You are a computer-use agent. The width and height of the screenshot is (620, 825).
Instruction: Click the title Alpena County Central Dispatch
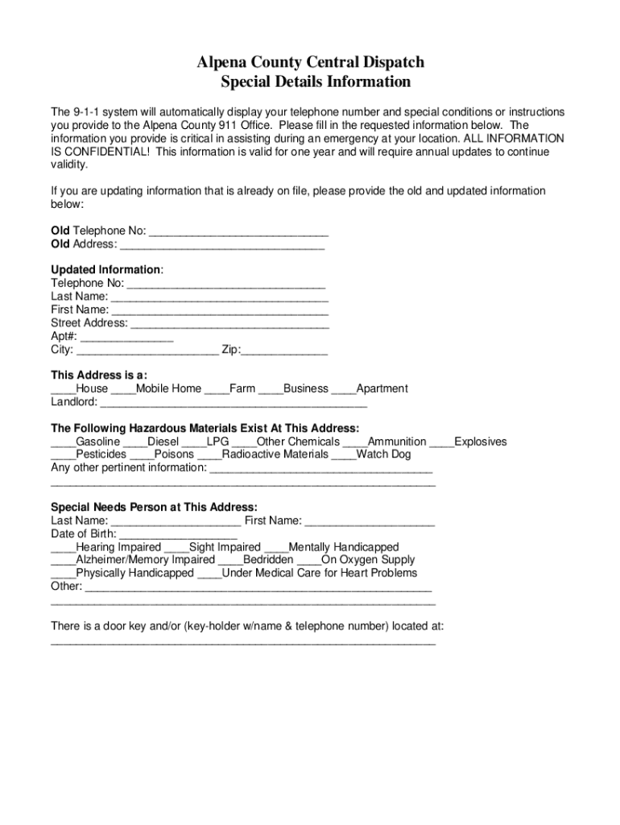[311, 63]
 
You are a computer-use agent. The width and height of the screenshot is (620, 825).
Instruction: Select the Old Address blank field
[221, 245]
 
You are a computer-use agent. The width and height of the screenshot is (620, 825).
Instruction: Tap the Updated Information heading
[106, 269]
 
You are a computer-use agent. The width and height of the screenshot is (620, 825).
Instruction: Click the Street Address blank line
[229, 324]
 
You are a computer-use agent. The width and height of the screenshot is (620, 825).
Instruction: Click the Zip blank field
[284, 350]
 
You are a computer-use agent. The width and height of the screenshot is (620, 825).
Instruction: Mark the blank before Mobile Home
[123, 389]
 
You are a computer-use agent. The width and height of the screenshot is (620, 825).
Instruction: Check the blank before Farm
[217, 389]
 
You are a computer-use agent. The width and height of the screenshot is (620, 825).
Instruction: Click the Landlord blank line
[234, 403]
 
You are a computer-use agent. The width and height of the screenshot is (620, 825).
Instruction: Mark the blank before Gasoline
[63, 442]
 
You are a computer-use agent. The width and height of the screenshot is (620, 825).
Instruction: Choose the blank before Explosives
[441, 442]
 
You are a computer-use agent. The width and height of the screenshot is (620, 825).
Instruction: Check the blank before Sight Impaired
[176, 548]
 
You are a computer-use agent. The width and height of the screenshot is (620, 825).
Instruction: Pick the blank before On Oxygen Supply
[308, 560]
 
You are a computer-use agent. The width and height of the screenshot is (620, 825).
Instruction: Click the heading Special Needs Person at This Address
[154, 508]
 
